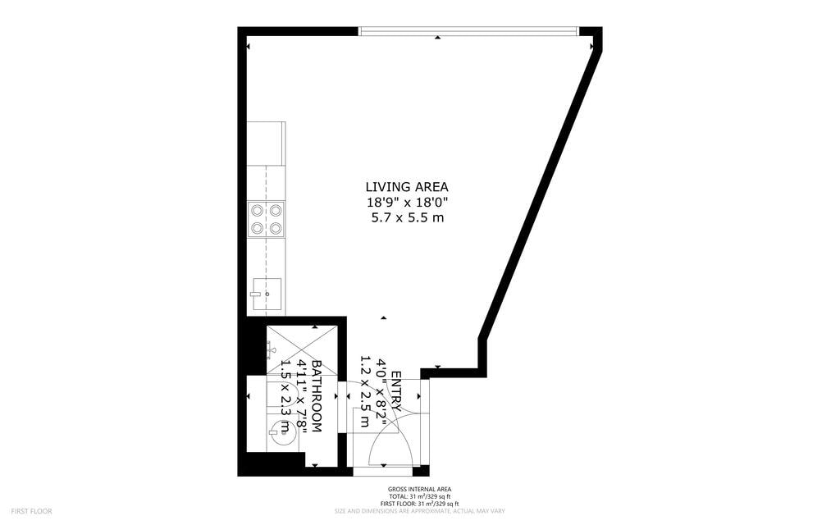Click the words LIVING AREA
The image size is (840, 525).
click(407, 187)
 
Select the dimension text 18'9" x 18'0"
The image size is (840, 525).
click(407, 203)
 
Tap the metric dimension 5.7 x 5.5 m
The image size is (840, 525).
click(408, 217)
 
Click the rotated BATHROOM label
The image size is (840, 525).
click(317, 396)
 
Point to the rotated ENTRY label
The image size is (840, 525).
click(397, 390)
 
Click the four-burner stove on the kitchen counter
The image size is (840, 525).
click(267, 218)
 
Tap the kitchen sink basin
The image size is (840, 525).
click(267, 294)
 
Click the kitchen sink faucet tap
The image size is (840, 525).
click(256, 294)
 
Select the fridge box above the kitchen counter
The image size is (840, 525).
click(266, 144)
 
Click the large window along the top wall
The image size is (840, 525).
click(468, 31)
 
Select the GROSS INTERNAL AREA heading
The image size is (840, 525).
click(419, 489)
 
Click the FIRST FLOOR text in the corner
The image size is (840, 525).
click(31, 512)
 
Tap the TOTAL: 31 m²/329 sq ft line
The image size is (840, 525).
click(419, 496)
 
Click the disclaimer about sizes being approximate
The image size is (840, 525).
click(419, 512)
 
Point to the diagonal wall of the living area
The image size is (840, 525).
click(540, 194)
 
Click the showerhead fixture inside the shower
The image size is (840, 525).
click(272, 351)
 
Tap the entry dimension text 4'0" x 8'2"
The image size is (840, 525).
click(382, 391)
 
